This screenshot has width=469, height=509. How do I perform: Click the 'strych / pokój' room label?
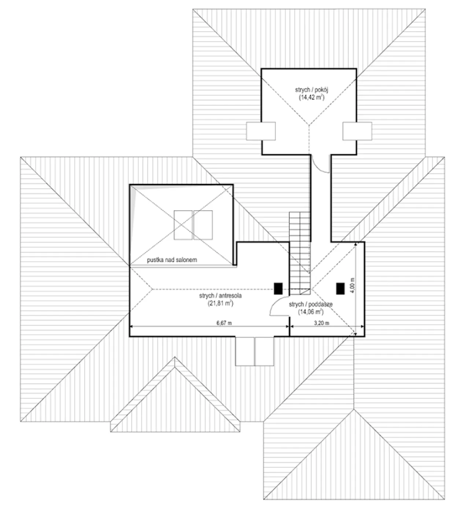click(x=311, y=90)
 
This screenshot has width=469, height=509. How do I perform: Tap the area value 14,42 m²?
click(x=311, y=98)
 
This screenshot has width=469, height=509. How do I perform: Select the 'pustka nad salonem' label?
click(x=172, y=260)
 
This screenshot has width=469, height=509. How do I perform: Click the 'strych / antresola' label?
click(x=220, y=296)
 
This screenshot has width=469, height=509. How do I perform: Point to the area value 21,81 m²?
click(x=220, y=303)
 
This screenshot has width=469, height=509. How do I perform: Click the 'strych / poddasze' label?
click(x=311, y=304)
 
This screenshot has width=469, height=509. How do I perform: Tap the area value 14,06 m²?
click(x=311, y=312)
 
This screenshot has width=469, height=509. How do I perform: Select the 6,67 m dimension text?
click(x=224, y=323)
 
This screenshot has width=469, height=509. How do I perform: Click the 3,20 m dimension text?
click(x=321, y=323)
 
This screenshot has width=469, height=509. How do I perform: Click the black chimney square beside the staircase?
click(x=278, y=288)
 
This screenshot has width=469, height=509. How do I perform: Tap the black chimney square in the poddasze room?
click(x=340, y=288)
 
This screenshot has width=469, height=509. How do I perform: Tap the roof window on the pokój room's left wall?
click(x=261, y=131)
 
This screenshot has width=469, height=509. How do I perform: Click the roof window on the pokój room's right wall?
click(x=357, y=131)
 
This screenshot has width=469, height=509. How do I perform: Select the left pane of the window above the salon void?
click(x=183, y=225)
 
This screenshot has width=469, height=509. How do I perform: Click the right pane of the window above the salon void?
click(x=203, y=225)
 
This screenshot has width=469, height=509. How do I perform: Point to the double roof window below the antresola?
click(x=254, y=351)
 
